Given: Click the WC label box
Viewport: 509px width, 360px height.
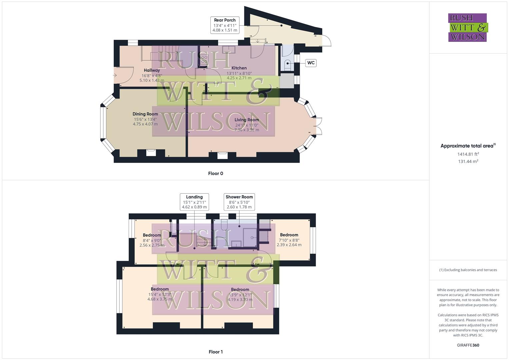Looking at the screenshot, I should [x=311, y=63].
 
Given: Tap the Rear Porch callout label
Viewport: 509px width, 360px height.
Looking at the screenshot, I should [x=225, y=25].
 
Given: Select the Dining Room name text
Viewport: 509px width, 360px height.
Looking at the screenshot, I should [x=145, y=114].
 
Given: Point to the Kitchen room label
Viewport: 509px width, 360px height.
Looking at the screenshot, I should [x=239, y=68].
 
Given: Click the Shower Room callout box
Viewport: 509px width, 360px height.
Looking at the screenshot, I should [x=239, y=202].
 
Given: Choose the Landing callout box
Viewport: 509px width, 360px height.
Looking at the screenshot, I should [x=194, y=202].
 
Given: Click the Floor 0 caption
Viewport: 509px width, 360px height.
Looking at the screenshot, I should [x=216, y=173].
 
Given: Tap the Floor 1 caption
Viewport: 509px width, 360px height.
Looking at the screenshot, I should [x=216, y=352].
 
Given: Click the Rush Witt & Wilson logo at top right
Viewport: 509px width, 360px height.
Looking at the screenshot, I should [x=468, y=27].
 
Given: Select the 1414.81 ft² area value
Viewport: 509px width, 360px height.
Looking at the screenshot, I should [x=468, y=154].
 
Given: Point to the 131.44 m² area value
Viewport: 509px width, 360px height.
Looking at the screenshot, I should [x=468, y=161].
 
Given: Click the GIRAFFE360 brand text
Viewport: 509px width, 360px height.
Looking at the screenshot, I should [x=468, y=345].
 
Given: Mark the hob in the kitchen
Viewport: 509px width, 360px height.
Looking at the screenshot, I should [x=204, y=59].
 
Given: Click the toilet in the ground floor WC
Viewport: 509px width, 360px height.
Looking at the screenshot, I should [x=287, y=63].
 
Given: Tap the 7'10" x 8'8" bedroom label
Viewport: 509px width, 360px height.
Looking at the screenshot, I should [x=289, y=240].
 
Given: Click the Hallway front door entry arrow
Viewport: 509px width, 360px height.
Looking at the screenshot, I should [x=115, y=75].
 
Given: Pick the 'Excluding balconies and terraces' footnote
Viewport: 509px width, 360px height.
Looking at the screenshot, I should [x=468, y=270].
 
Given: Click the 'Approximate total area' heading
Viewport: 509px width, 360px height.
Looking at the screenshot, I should [x=468, y=146].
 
